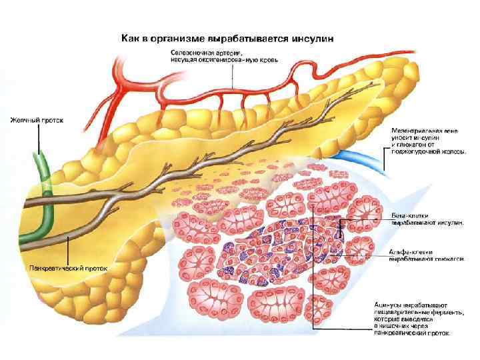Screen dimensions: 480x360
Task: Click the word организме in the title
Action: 177,38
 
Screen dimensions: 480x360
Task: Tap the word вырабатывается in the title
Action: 253,38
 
